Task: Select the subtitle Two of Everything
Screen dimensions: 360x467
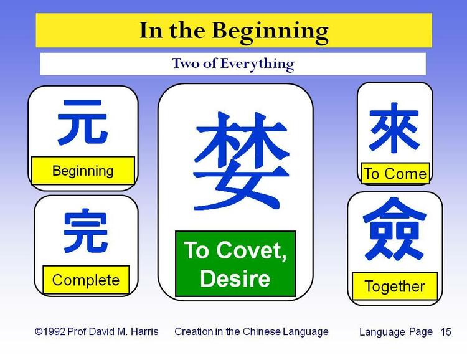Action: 233,63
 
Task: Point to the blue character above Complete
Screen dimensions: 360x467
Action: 85,232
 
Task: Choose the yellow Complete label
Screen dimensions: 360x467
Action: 85,280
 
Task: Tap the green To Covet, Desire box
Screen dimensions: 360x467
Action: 235,263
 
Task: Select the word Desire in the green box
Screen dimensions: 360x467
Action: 235,278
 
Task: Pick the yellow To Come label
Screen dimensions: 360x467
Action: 395,173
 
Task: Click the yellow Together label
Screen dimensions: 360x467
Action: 394,287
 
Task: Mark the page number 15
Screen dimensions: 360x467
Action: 446,332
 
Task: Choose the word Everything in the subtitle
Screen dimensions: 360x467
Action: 261,63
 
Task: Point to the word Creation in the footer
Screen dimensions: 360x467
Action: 194,331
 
